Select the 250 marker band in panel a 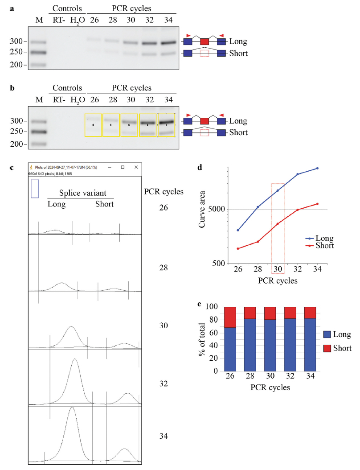tap(39, 52)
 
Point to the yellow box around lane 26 tap(93, 125)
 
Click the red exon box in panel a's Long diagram tap(205, 42)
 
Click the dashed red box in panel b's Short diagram tap(205, 132)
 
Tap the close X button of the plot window tap(135, 167)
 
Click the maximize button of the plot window tap(123, 167)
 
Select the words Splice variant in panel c tap(81, 194)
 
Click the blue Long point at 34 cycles tap(317, 168)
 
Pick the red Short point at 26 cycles tap(238, 248)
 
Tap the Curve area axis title tap(202, 209)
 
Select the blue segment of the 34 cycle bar tap(308, 344)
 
